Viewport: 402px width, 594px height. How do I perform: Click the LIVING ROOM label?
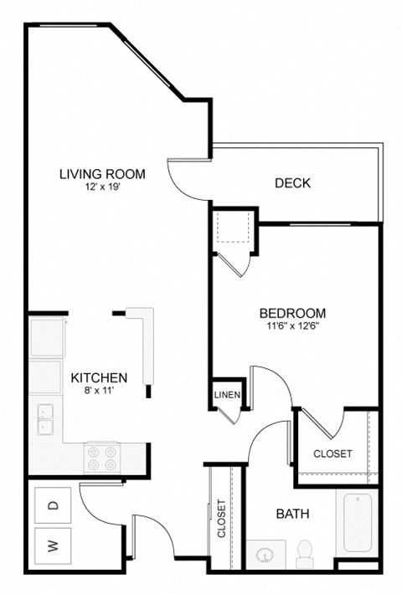coord(102,174)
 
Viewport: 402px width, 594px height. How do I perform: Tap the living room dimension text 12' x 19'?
coord(102,188)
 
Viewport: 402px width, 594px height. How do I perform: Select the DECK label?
coord(293,182)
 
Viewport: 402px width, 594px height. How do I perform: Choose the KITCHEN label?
coord(99,377)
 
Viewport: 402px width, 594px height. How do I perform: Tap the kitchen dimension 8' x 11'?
coord(99,391)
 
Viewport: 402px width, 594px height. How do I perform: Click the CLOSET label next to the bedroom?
coord(332,453)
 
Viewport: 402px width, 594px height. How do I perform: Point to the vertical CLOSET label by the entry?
coord(222,520)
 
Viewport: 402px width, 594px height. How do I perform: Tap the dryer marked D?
coord(53,504)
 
